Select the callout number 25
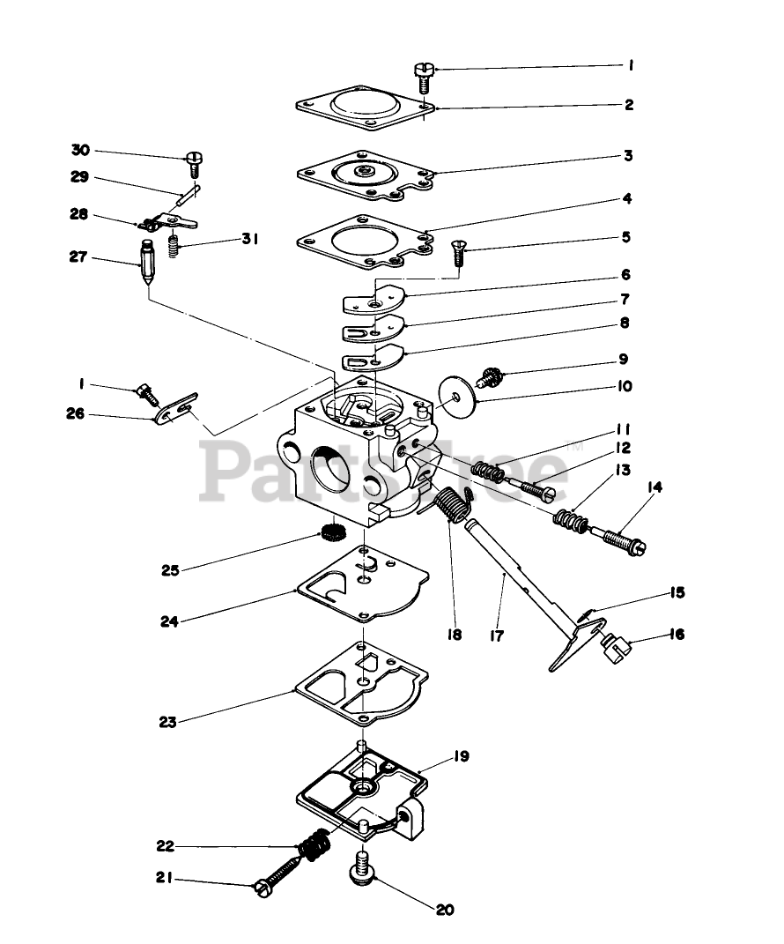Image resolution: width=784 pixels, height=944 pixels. coord(170,570)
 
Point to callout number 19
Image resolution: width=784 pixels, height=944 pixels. coord(462,756)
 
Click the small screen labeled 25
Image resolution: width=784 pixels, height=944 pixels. coord(332,532)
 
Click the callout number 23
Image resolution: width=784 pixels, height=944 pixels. coord(168,722)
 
